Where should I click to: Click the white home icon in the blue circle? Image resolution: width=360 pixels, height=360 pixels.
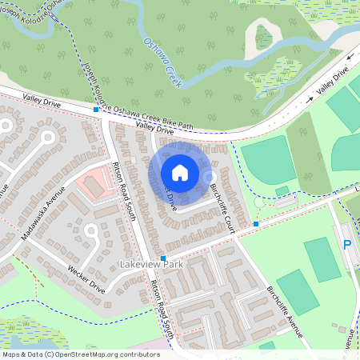pos(180,172)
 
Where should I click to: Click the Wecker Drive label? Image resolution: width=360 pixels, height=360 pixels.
pos(86,277)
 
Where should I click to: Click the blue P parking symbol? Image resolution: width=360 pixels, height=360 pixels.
pos(347,246)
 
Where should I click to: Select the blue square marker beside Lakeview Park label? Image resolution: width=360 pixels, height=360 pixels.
pos(163,258)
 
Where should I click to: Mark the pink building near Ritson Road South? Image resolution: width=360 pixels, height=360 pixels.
pos(95,183)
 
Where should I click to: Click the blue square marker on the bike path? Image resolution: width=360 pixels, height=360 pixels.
pos(96,109)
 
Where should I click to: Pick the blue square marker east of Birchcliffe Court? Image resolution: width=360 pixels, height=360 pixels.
pos(256,224)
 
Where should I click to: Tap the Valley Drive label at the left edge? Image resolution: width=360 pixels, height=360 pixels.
pos(42,98)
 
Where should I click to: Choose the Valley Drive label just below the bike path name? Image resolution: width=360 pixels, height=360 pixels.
pos(154,127)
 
